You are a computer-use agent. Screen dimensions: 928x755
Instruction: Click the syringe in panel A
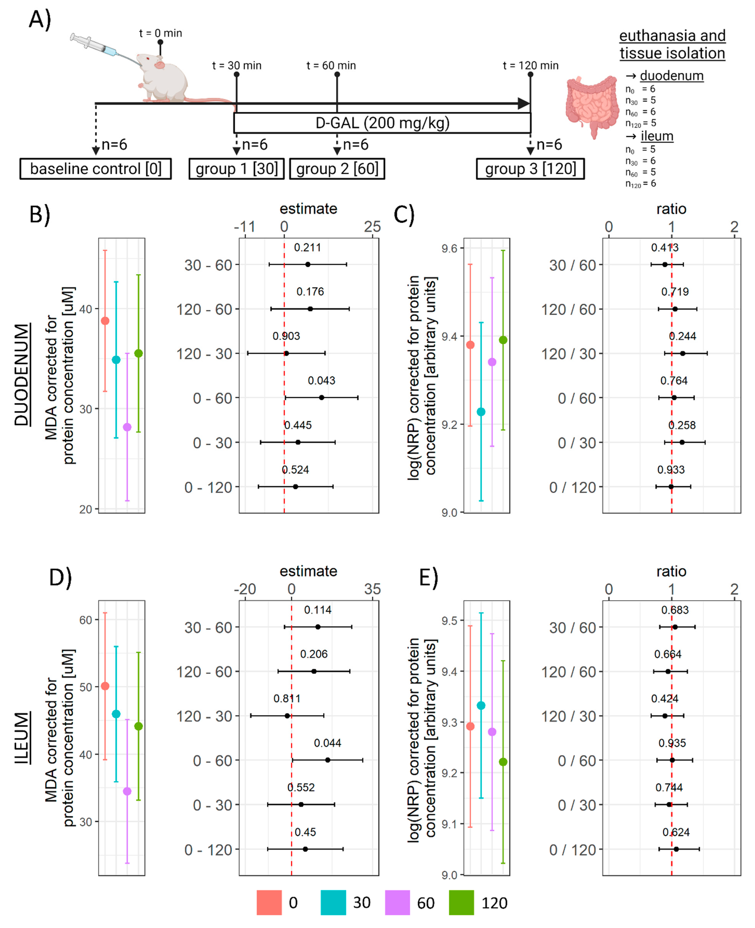pyautogui.click(x=93, y=45)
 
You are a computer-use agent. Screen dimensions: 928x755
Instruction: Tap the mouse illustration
pyautogui.click(x=163, y=78)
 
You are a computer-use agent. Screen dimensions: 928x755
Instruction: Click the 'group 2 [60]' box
pyautogui.click(x=337, y=169)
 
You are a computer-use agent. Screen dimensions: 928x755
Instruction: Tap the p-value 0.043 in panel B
pyautogui.click(x=321, y=381)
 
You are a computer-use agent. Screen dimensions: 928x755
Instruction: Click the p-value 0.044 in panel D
pyautogui.click(x=328, y=743)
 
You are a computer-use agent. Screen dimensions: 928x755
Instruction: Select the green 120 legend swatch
pyautogui.click(x=461, y=903)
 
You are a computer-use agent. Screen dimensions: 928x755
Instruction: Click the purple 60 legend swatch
pyautogui.click(x=397, y=903)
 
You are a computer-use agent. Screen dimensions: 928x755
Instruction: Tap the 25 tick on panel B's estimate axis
pyautogui.click(x=372, y=227)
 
